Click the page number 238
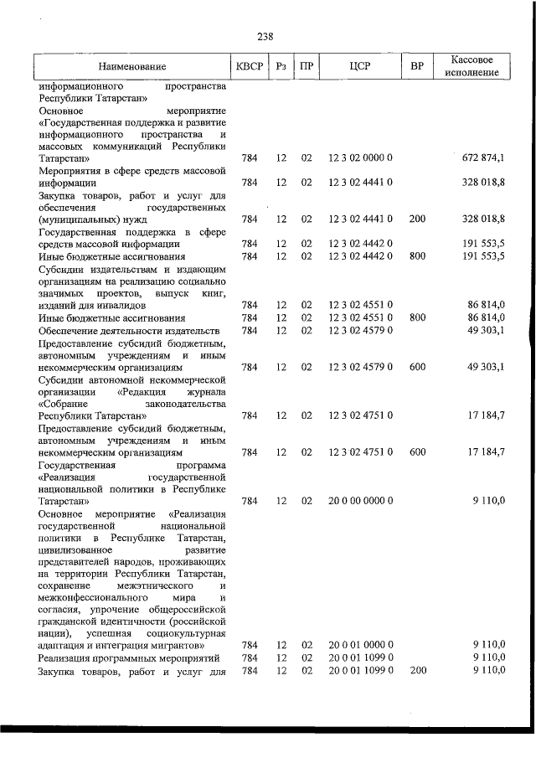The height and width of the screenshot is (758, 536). [265, 36]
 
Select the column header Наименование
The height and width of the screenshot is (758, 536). [131, 66]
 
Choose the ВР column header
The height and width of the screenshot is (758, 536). [412, 66]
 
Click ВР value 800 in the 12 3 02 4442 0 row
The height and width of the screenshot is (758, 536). [412, 256]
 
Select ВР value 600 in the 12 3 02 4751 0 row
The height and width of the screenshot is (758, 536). [412, 451]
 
